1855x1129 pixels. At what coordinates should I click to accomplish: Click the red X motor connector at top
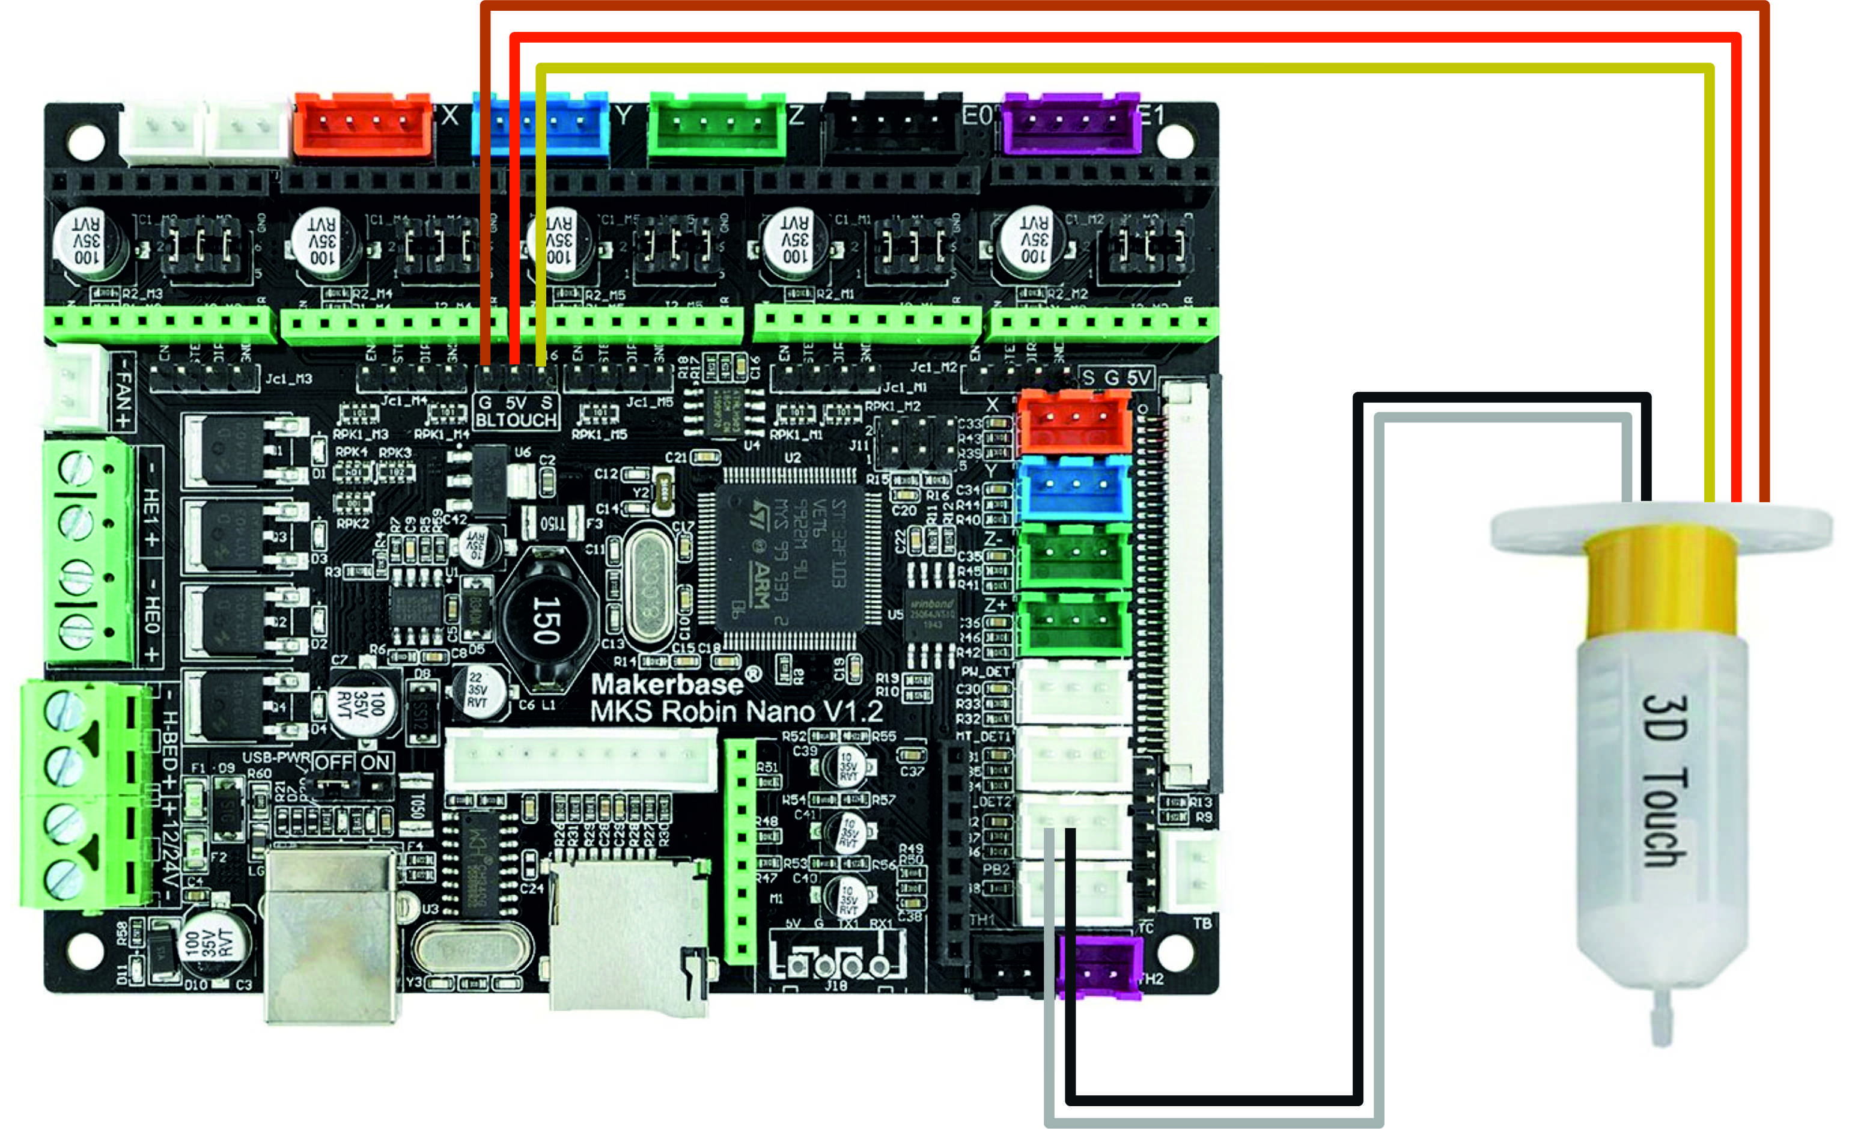coord(363,124)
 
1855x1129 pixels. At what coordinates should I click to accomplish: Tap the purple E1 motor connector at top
coord(1071,123)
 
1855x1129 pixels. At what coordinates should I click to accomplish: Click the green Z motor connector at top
coord(717,124)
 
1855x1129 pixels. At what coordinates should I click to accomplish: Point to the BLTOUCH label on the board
coord(516,420)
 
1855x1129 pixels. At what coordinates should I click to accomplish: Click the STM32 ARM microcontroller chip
coord(790,557)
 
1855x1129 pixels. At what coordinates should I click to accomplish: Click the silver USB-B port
coord(331,933)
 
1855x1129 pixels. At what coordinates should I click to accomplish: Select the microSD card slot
coord(629,937)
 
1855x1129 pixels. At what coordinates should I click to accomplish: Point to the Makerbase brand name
coord(667,683)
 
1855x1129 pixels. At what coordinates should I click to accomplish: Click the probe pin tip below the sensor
coord(1662,1020)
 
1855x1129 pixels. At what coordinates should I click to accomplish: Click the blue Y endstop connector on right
coord(1074,488)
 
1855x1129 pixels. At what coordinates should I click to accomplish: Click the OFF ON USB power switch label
coord(352,762)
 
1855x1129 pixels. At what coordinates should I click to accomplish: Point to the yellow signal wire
coord(1129,69)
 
